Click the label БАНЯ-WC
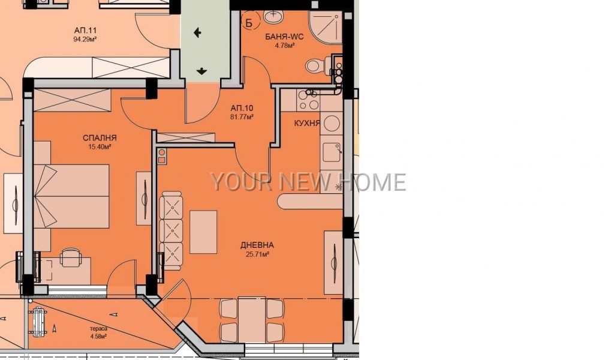pyautogui.click(x=284, y=37)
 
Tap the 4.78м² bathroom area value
pyautogui.click(x=285, y=46)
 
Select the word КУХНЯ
pyautogui.click(x=307, y=123)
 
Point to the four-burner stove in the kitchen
pyautogui.click(x=308, y=100)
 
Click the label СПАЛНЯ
pyautogui.click(x=100, y=138)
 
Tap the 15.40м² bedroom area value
pyautogui.click(x=100, y=147)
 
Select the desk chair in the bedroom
pyautogui.click(x=71, y=257)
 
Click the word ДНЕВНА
pyautogui.click(x=257, y=245)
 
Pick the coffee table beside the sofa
pyautogui.click(x=203, y=232)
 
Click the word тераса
pyautogui.click(x=98, y=329)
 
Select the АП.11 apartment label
pyautogui.click(x=85, y=30)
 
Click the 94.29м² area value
pyautogui.click(x=85, y=39)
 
